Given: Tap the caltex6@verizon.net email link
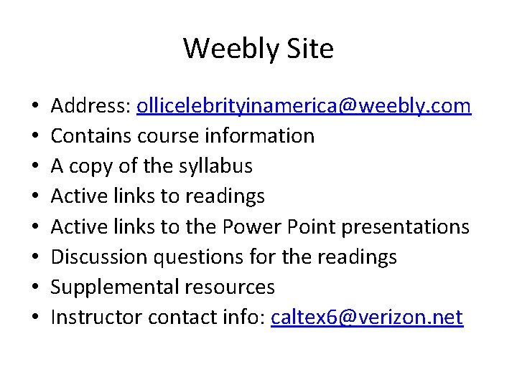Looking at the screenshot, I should point(367,317).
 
